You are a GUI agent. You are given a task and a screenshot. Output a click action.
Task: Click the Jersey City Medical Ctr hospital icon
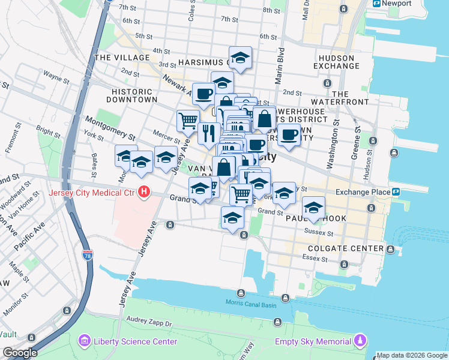[144, 193]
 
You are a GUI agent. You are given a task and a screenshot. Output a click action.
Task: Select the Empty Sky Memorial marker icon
[360, 341]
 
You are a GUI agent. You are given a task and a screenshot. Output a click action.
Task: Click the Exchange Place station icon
[396, 192]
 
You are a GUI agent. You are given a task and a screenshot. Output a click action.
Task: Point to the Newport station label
[399, 4]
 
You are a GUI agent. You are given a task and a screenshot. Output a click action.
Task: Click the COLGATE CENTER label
[345, 248]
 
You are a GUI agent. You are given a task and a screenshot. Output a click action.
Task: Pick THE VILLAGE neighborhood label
[116, 58]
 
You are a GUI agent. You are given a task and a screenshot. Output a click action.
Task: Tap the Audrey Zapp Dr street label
[150, 323]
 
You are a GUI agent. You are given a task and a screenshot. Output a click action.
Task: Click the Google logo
[19, 353]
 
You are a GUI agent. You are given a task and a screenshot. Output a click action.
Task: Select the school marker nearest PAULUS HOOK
[313, 208]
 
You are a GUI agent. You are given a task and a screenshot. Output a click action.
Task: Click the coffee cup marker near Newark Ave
[203, 94]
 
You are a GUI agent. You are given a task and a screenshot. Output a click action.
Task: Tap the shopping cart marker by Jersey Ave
[188, 121]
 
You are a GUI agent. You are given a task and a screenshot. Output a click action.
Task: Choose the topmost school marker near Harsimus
[240, 58]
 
